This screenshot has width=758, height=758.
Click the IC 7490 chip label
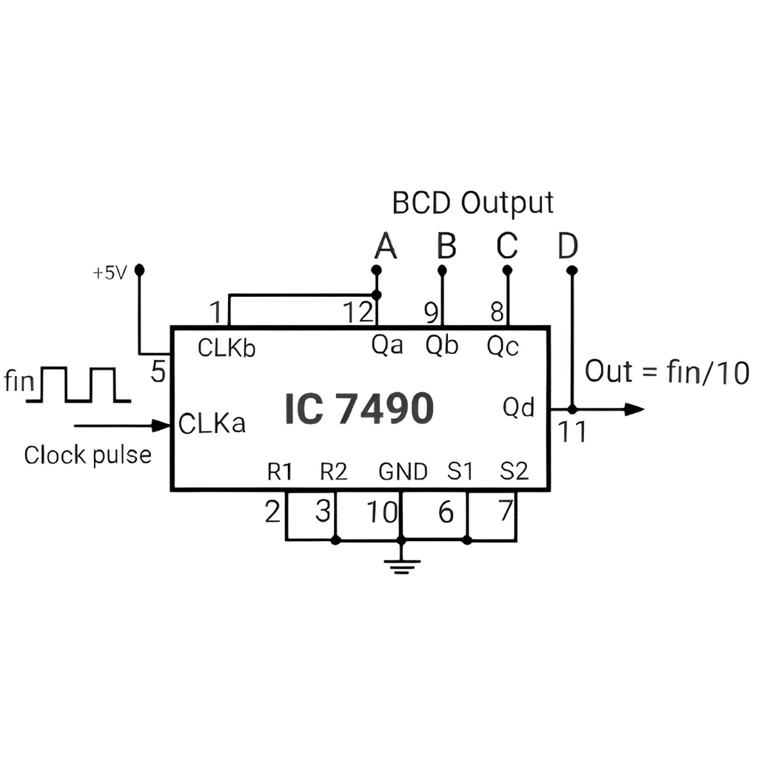tap(359, 409)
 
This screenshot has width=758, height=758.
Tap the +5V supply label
tap(110, 273)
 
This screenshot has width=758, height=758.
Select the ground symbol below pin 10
tap(402, 566)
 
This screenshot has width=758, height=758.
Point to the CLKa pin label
tap(212, 424)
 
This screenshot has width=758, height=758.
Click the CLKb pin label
tap(227, 348)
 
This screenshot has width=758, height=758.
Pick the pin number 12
tap(358, 313)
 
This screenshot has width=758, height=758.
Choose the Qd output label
tap(519, 407)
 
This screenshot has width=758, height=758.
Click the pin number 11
tap(571, 432)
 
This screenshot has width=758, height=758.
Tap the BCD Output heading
tap(473, 202)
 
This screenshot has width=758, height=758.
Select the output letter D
tap(568, 247)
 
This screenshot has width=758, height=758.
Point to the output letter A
tap(385, 246)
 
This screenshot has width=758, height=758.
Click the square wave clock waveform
tap(78, 385)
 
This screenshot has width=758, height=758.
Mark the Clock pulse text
tap(87, 455)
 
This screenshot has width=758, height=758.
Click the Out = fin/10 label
tap(667, 372)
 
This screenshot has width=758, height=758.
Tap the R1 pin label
tap(280, 472)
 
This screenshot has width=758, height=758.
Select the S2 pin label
tap(514, 472)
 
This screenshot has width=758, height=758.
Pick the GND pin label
tap(403, 472)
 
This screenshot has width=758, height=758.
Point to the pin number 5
tap(158, 372)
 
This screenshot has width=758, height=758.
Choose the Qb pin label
tap(442, 346)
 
